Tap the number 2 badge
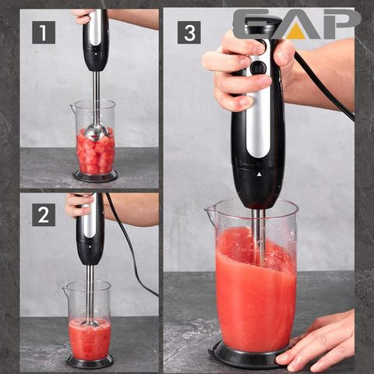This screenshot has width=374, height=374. coord(43,213)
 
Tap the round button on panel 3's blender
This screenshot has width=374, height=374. coord(258,68)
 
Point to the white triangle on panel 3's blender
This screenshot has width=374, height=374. coord(259,175)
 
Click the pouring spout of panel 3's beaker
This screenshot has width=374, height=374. coord(210,209)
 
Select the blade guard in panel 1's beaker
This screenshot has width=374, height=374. coord(95,133)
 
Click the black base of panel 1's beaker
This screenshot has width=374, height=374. coord(95,177)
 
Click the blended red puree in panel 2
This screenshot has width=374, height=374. coord(89,339)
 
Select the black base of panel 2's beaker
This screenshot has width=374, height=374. coord(90,362)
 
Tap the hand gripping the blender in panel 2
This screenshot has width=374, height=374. coord(77,206)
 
